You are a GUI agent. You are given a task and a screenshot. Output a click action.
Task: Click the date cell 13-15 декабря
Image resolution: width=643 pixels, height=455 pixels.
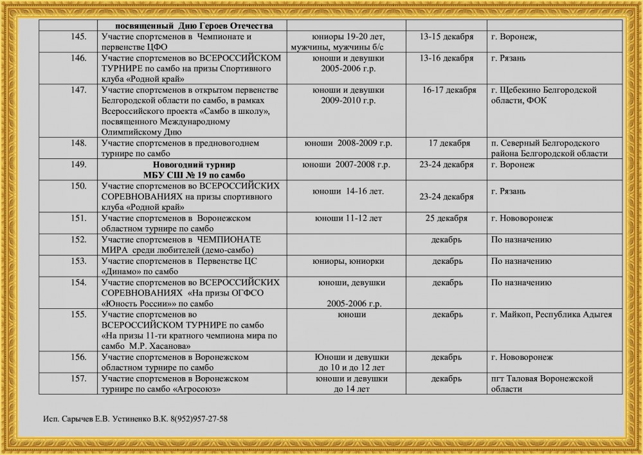(446, 37)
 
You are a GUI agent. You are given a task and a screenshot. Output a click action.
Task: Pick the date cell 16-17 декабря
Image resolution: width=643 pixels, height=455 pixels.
(449, 90)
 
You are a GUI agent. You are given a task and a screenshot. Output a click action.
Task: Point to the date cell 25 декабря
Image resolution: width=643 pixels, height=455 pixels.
(446, 218)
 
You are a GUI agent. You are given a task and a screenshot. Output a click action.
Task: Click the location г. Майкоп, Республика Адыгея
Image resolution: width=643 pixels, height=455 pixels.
(552, 315)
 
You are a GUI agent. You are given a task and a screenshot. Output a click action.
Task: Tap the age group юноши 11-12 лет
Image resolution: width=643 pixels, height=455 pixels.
(348, 218)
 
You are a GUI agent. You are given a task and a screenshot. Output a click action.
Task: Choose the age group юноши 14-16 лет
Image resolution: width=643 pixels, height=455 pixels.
(348, 191)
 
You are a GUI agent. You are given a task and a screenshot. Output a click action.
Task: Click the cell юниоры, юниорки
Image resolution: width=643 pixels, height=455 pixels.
(348, 261)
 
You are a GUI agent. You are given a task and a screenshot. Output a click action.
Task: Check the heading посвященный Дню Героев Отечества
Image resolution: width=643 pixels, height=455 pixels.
(191, 25)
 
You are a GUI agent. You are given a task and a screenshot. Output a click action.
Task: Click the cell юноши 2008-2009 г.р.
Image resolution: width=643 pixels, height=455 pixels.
(347, 143)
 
